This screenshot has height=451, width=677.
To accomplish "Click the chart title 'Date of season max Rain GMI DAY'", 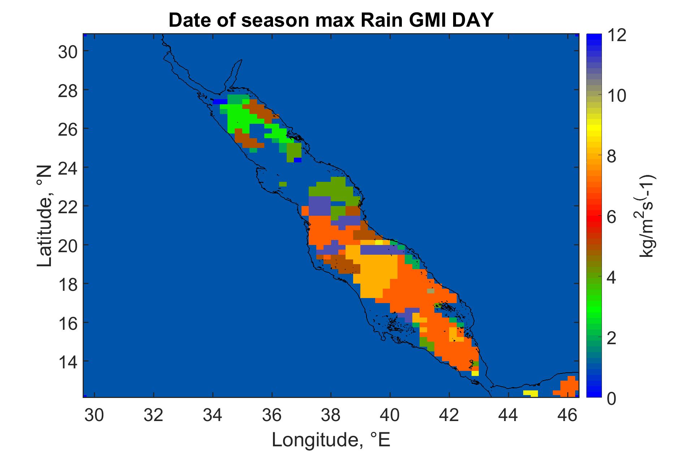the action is pos(330,21).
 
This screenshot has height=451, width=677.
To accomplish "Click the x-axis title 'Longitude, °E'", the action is pos(331,439).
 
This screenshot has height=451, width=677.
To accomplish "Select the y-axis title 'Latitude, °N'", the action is pos(45,216).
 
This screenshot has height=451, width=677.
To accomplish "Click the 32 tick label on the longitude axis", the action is pos(153,416).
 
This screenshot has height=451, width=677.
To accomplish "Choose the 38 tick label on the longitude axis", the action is pos(331,416).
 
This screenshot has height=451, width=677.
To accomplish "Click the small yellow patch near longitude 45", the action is pos(530,393).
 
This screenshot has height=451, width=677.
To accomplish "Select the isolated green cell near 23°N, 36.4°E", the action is pos(283,184).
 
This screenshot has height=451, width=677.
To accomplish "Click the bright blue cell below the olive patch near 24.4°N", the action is pos(298,160).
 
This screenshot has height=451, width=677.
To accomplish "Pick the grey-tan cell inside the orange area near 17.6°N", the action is pos(431,291).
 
